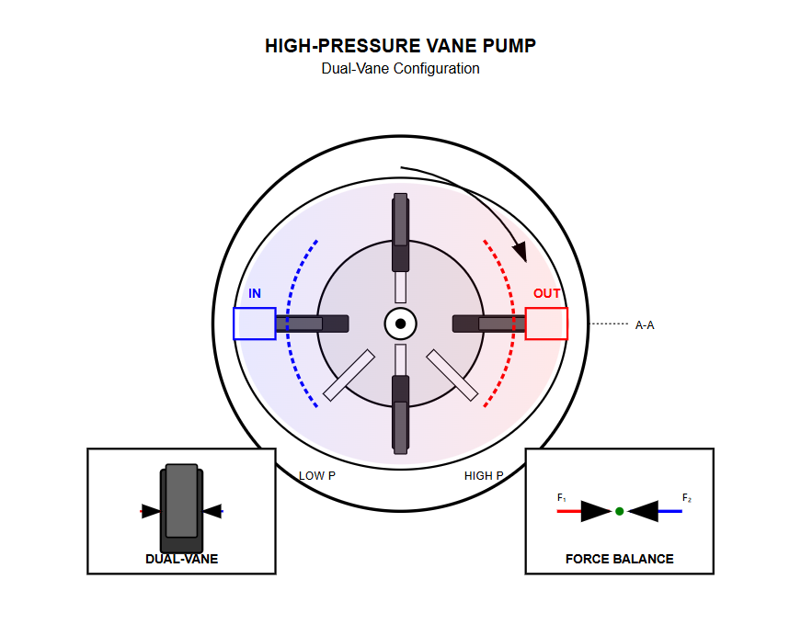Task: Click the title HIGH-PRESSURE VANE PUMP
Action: (x=400, y=46)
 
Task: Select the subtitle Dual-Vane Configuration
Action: (x=400, y=69)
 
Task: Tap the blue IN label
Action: (x=255, y=294)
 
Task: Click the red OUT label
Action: (x=547, y=294)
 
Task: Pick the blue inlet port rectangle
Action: (x=254, y=324)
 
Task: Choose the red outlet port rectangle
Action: (x=546, y=324)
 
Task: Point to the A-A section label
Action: (x=645, y=324)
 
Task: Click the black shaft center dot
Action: (x=400, y=324)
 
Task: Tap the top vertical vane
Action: (x=400, y=232)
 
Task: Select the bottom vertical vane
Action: (x=400, y=415)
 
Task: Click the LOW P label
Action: (x=317, y=476)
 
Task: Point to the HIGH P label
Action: (x=484, y=476)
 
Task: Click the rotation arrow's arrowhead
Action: (x=520, y=251)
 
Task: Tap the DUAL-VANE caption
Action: (x=181, y=559)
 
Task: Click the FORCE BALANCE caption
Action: (x=619, y=559)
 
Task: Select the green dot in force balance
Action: (x=620, y=511)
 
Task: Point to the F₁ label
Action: (x=562, y=498)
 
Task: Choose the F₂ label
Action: (x=686, y=498)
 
